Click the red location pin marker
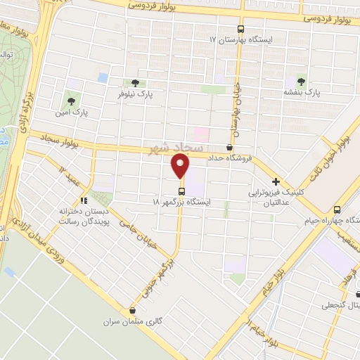pyautogui.click(x=181, y=167)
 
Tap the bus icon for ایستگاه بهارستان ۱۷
pyautogui.click(x=241, y=30)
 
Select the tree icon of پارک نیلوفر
pyautogui.click(x=134, y=82)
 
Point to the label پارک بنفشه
pyautogui.click(x=302, y=91)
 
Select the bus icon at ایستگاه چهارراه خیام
pyautogui.click(x=337, y=209)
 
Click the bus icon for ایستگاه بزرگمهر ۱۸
pyautogui.click(x=181, y=191)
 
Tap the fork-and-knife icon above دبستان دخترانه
pyautogui.click(x=84, y=199)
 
